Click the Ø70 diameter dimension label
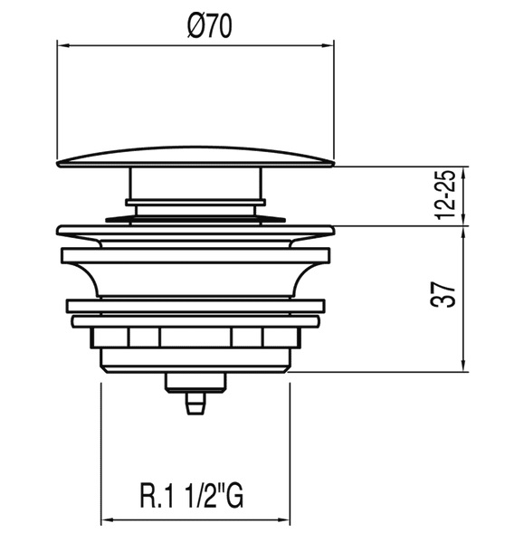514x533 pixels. (x=209, y=26)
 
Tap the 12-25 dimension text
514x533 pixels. (x=445, y=195)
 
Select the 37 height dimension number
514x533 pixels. (x=443, y=294)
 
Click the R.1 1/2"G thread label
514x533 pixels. (x=192, y=495)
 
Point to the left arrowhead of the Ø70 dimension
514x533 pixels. (x=63, y=45)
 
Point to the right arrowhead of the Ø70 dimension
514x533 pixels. (x=328, y=45)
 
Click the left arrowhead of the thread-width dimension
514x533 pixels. (x=108, y=520)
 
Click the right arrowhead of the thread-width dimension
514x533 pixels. (x=284, y=520)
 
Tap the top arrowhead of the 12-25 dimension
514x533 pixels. (x=464, y=174)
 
